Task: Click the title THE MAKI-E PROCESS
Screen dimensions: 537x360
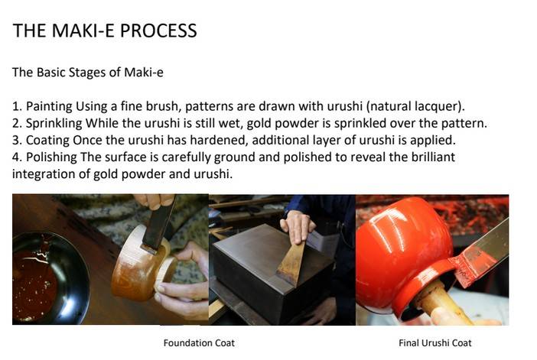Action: coord(105,31)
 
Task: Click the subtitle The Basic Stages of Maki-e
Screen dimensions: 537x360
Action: coord(88,72)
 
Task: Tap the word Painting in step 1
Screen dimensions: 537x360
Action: coord(49,106)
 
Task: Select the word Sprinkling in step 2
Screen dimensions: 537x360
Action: coord(54,123)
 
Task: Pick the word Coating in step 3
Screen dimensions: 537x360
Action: coord(47,141)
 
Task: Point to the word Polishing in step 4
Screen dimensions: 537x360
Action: coord(51,157)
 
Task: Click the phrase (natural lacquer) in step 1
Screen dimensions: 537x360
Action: coord(415,106)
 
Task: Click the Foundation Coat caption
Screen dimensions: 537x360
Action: coord(199,343)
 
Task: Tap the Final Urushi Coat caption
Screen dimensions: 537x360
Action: coord(435,343)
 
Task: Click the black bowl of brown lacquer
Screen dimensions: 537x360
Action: coord(48,278)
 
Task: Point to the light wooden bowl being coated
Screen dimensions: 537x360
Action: coord(144,264)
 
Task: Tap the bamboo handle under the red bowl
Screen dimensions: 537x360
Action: coord(442,304)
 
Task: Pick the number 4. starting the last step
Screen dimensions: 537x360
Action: coord(17,157)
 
